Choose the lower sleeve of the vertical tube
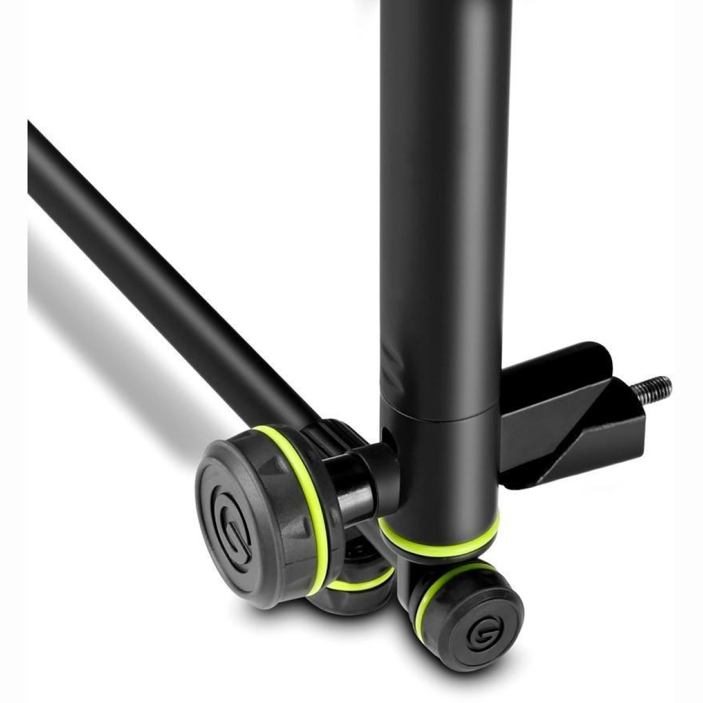(x=445, y=469)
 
